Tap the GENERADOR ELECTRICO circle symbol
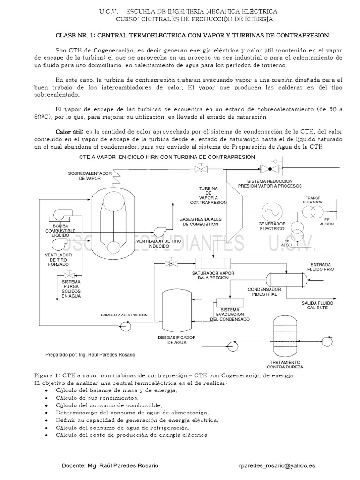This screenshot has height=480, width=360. [271, 210]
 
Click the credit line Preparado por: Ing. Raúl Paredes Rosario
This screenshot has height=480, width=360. [90, 355]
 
